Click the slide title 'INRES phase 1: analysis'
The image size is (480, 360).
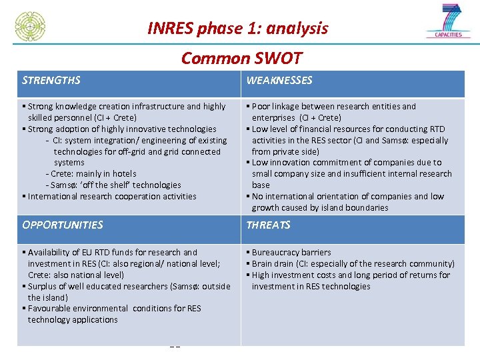pyautogui.click(x=237, y=28)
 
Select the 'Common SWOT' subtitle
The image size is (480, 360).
pyautogui.click(x=241, y=58)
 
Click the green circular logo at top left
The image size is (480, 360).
pyautogui.click(x=31, y=27)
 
